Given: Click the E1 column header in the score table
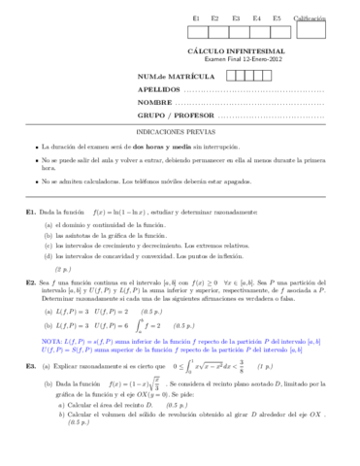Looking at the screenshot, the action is (x=197, y=18).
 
